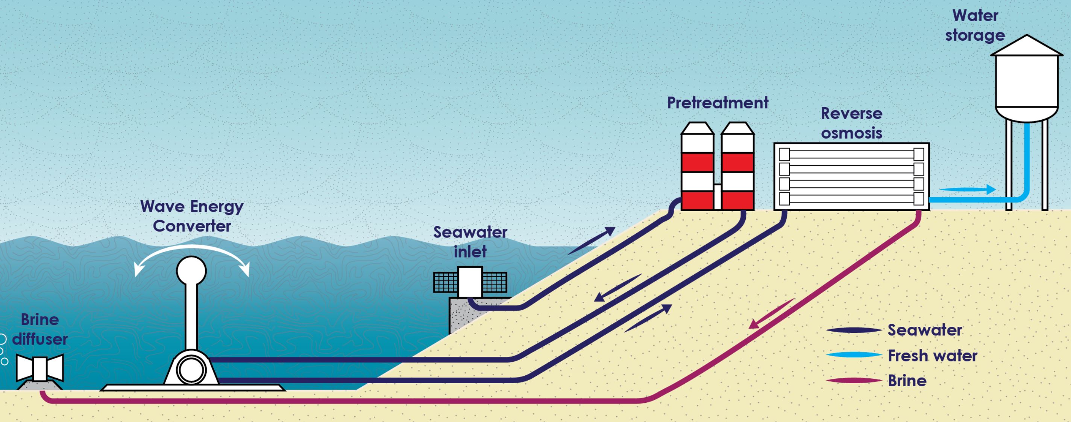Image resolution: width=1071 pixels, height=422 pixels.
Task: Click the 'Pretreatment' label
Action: click(718, 103)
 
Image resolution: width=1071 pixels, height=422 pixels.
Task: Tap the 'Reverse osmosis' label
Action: click(851, 123)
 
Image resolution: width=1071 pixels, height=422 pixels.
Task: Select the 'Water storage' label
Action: click(975, 25)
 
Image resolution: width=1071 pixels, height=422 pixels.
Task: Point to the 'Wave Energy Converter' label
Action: click(192, 216)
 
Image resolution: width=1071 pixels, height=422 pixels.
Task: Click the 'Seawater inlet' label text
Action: click(470, 242)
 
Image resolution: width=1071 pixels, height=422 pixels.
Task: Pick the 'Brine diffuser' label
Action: click(39, 329)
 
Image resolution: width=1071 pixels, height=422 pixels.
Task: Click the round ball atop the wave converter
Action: click(191, 271)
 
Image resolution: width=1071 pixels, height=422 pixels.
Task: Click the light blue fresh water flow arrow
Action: click(967, 189)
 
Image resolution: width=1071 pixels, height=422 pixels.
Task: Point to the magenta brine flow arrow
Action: click(772, 313)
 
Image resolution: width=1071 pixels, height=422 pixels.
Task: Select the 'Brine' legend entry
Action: click(875, 380)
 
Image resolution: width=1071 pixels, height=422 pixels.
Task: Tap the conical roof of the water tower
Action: click(1027, 46)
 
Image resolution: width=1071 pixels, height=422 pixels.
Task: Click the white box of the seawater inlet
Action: click(470, 282)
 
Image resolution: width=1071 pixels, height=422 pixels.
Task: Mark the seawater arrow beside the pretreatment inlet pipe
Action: click(591, 241)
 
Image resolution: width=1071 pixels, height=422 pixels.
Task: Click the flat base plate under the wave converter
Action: click(193, 387)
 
